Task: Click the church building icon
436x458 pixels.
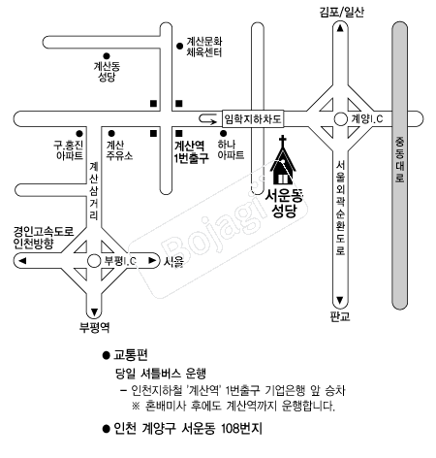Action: tap(283, 163)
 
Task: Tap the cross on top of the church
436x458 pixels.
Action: tap(283, 141)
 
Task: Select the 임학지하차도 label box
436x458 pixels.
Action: tap(253, 119)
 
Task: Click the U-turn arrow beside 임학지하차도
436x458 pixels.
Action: tap(207, 118)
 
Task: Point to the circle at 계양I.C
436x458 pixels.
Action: tap(340, 118)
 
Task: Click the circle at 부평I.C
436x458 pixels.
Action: tap(94, 261)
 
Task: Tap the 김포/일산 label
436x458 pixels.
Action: tap(341, 13)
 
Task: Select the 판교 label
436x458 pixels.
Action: tap(340, 315)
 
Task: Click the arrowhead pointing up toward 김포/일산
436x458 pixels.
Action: tap(340, 28)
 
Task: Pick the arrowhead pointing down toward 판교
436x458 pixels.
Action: tap(340, 300)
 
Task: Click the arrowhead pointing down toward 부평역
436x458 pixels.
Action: tap(94, 312)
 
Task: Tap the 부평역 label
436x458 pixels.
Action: tap(95, 327)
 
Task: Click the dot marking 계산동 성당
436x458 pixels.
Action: tap(107, 56)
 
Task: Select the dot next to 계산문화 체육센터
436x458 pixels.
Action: tap(180, 47)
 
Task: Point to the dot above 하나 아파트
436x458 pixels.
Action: tap(223, 133)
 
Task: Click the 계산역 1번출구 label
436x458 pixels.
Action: tap(191, 151)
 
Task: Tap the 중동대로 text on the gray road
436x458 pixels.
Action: tap(400, 159)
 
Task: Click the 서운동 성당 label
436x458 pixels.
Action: tap(284, 204)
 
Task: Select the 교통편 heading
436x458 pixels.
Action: tap(131, 355)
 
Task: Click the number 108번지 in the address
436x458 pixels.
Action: tap(241, 429)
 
